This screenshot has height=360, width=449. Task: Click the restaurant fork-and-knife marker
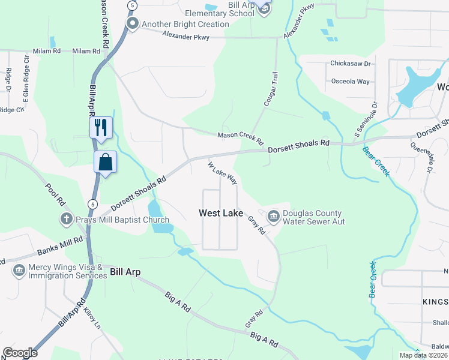pyautogui.click(x=101, y=127)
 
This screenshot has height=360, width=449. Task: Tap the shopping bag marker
pyautogui.click(x=105, y=162)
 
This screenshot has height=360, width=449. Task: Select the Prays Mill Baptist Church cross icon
pyautogui.click(x=66, y=220)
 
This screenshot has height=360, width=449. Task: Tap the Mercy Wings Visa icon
pyautogui.click(x=19, y=271)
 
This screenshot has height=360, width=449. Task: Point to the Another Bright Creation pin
pyautogui.click(x=132, y=24)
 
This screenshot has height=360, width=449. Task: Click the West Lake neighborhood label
pyautogui.click(x=221, y=213)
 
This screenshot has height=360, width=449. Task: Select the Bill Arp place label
pyautogui.click(x=125, y=272)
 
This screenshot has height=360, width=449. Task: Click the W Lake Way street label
pyautogui.click(x=223, y=173)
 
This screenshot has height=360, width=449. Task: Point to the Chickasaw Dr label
pyautogui.click(x=351, y=63)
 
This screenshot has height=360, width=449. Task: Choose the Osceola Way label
pyautogui.click(x=351, y=82)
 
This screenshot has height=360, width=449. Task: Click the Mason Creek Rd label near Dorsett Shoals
pyautogui.click(x=240, y=139)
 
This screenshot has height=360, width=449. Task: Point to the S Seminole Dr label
pyautogui.click(x=365, y=117)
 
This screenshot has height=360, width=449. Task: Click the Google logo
pyautogui.click(x=20, y=353)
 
